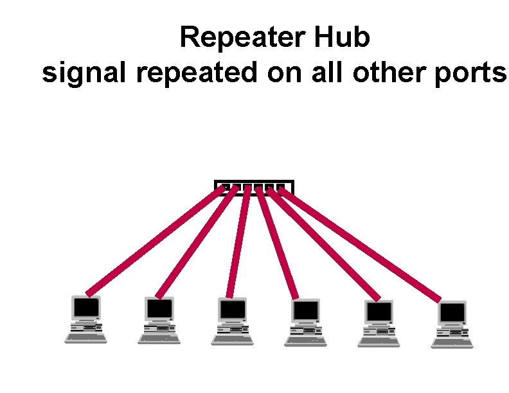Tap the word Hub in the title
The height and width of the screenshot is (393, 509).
[342, 38]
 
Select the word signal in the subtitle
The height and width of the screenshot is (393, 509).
[85, 74]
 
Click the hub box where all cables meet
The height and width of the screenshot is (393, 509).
[253, 186]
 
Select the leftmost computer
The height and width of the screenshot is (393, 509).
[86, 319]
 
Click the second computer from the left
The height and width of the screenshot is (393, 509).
[159, 319]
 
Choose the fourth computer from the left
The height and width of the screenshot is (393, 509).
[305, 322]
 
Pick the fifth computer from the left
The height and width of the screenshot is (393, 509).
[379, 323]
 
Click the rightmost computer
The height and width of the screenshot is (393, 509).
[452, 324]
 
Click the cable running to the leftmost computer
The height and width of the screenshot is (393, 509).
[154, 241]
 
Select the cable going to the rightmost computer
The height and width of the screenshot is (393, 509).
[360, 244]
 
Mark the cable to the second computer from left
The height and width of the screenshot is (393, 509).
[196, 241]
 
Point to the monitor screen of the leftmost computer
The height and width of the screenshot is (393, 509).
[86, 308]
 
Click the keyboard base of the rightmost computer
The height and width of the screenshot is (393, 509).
[452, 340]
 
